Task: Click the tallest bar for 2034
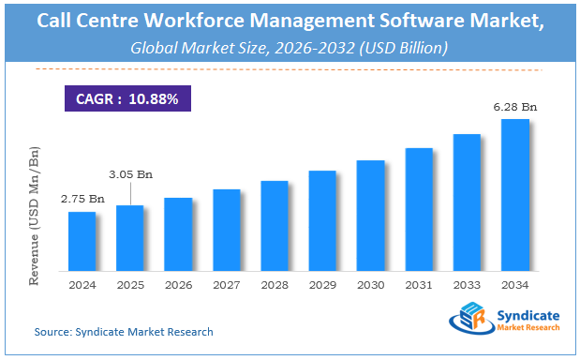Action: click(x=514, y=195)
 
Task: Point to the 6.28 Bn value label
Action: click(x=514, y=108)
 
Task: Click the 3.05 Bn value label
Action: click(x=130, y=174)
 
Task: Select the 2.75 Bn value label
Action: click(x=82, y=200)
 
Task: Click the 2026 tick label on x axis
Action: click(x=178, y=285)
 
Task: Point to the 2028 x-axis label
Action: click(x=275, y=285)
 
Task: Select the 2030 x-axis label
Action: click(x=370, y=285)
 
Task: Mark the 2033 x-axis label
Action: click(x=467, y=285)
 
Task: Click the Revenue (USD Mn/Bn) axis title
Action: click(x=35, y=216)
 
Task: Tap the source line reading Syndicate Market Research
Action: click(x=124, y=332)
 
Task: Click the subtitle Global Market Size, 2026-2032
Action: click(x=290, y=46)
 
